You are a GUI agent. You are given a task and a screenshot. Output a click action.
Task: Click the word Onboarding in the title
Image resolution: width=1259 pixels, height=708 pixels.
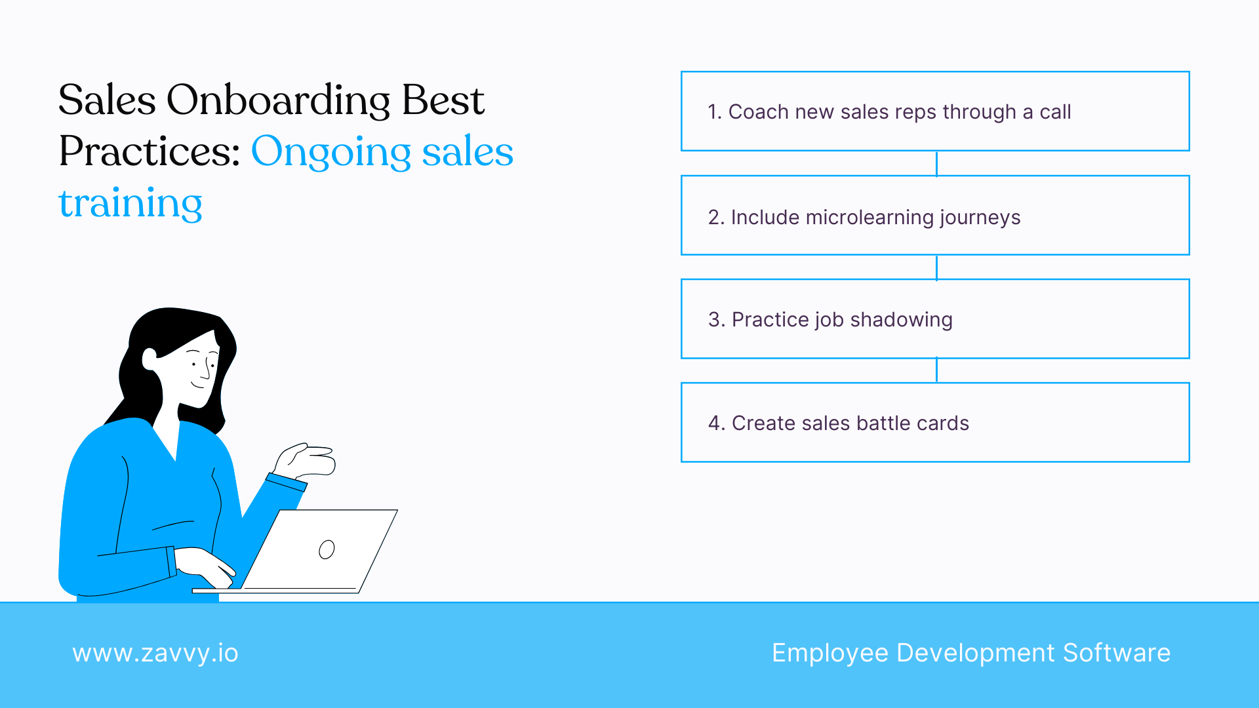(278, 101)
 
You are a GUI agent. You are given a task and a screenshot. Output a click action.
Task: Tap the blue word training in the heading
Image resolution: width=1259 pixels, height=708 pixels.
(130, 203)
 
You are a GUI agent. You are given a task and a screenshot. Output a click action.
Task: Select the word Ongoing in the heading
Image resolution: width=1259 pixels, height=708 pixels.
(331, 152)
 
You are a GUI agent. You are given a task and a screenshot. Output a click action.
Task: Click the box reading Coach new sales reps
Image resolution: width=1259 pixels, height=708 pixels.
(935, 111)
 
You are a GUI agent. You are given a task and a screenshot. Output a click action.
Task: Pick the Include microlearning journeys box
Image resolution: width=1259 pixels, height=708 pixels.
(935, 215)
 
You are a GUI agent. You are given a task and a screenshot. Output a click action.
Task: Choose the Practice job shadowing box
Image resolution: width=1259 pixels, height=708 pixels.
(935, 319)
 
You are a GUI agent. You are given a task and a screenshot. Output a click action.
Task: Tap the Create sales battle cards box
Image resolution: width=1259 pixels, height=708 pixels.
(935, 423)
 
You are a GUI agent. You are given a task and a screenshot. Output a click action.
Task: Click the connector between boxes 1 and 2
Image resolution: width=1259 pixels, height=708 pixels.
(936, 163)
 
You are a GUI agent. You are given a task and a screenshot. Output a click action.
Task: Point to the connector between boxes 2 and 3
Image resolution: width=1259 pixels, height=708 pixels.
(936, 267)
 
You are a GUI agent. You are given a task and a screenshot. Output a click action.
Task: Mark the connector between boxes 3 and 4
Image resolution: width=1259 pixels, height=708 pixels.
(936, 370)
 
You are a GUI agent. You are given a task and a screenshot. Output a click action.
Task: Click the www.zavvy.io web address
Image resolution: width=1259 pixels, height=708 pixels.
(155, 654)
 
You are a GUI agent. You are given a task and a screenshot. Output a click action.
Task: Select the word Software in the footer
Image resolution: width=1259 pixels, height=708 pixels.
(1116, 653)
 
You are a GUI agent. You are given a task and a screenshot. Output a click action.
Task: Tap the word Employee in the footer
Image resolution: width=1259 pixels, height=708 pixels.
(829, 654)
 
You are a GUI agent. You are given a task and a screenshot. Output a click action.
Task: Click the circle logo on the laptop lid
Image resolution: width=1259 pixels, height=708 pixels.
(327, 549)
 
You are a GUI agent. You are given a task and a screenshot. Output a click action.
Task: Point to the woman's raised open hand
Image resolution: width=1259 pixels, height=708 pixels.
(308, 460)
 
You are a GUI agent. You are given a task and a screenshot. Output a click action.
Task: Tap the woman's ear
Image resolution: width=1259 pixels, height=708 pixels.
(150, 359)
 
